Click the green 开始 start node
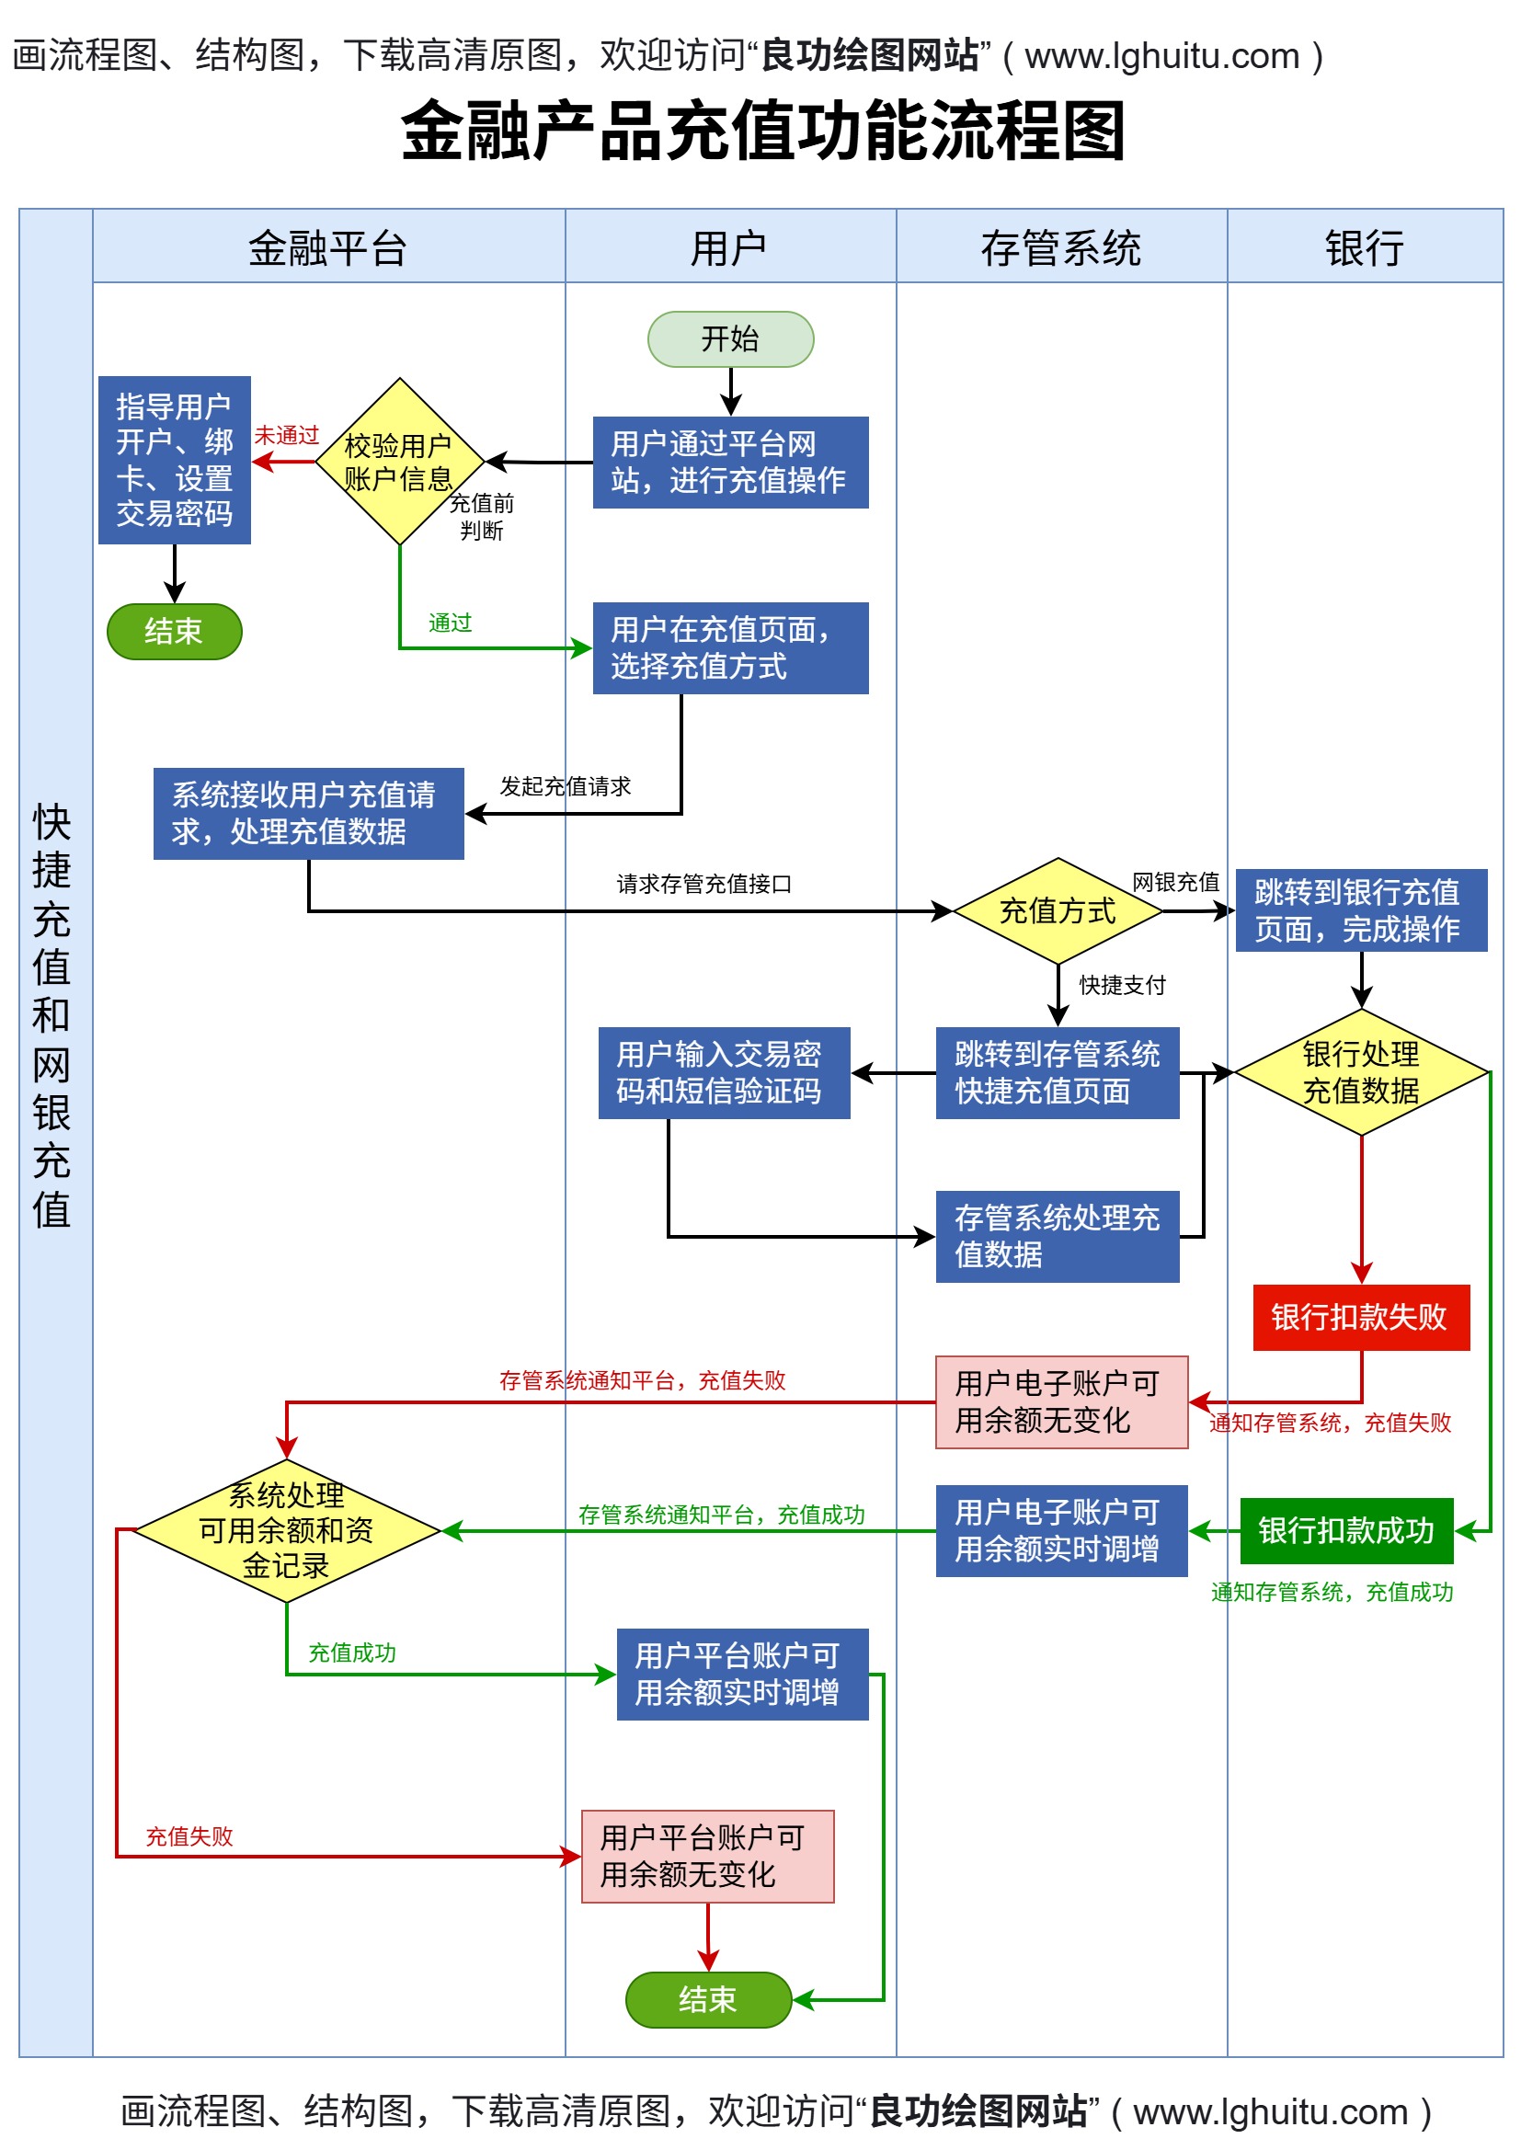[729, 339]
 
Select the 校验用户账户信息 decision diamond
[400, 462]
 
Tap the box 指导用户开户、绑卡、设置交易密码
[174, 460]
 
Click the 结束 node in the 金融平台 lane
[174, 631]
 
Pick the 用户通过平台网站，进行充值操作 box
[729, 463]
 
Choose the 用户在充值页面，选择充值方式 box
[729, 648]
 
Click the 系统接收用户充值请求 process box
[308, 813]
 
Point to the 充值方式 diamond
[1057, 910]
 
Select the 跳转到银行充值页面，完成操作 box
[1360, 910]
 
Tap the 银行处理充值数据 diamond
[1360, 1072]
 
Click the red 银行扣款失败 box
[1360, 1317]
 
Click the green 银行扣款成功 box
[1346, 1530]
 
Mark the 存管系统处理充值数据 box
[1057, 1236]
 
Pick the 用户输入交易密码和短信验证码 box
[723, 1072]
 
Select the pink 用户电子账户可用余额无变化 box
[1060, 1401]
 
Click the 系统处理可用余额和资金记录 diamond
[287, 1530]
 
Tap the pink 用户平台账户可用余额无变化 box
[707, 1856]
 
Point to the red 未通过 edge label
[287, 436]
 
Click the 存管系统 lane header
[1060, 248]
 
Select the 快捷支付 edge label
[1121, 985]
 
